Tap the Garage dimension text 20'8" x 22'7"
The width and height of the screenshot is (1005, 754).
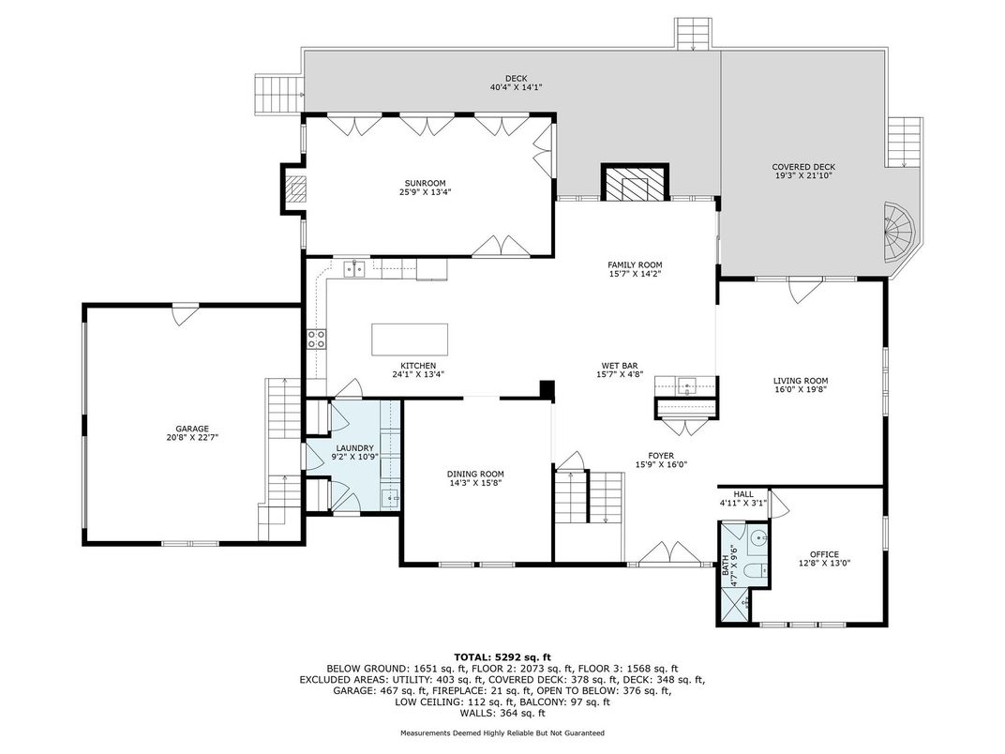pos(192,438)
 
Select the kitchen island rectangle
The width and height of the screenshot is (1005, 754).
pos(410,339)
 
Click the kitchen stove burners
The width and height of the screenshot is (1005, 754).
pos(316,339)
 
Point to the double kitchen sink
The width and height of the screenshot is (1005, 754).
pos(353,269)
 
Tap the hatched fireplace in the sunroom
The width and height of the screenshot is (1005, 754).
pos(296,189)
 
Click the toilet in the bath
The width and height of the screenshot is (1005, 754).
pos(758,570)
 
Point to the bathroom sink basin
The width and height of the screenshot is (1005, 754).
pos(761,537)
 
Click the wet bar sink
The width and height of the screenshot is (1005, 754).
pos(687,386)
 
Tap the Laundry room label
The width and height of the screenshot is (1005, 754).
pos(352,448)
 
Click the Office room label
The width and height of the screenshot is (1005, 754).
pos(824,554)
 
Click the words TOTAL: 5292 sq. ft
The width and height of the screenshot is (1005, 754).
pos(502,656)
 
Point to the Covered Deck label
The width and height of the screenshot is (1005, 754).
pos(803,167)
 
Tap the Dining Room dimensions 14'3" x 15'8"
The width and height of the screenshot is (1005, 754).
pos(475,483)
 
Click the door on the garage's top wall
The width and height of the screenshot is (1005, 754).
pos(182,315)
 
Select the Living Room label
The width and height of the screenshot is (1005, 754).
pos(801,381)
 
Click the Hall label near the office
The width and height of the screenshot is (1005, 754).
pos(743,494)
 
